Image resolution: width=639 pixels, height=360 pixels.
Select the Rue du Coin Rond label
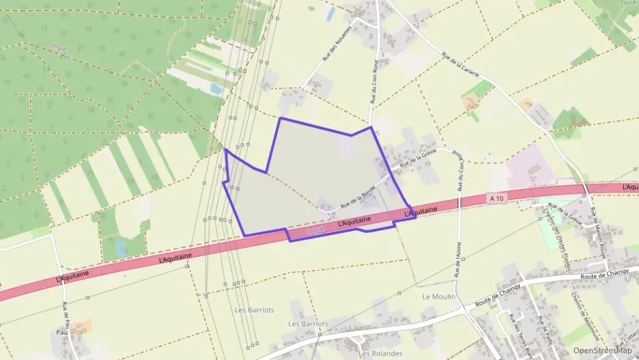point(374,81)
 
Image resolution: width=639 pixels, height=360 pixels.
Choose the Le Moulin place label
point(438,296)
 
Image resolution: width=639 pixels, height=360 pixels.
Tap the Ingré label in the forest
point(59,47)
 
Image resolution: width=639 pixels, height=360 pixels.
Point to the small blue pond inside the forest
point(216,89)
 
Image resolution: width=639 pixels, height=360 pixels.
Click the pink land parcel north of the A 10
point(529,164)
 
